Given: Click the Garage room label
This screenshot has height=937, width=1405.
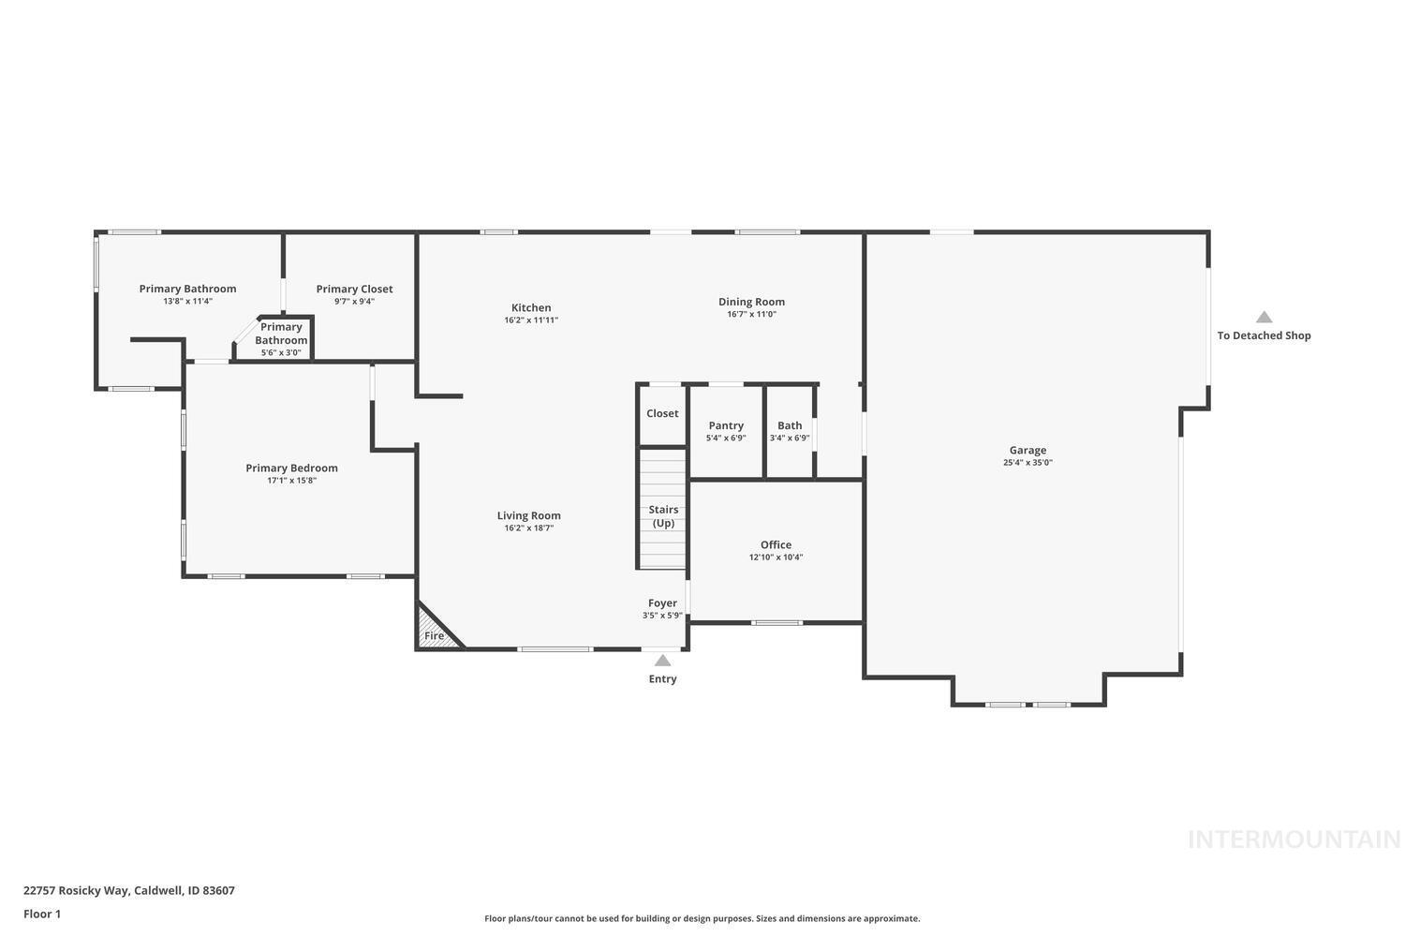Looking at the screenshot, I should (1028, 450).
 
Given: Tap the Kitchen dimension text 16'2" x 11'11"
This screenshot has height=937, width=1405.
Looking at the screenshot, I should (531, 320).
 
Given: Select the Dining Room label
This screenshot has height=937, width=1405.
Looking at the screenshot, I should (751, 302).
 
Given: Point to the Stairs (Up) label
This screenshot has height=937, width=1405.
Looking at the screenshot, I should (663, 516).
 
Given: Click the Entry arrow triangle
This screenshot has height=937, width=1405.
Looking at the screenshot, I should (662, 661).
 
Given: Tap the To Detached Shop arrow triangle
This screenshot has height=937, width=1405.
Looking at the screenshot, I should (1264, 318).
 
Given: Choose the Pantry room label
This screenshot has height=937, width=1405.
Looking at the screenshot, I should (726, 425).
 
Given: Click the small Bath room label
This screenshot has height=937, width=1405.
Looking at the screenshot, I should (790, 425).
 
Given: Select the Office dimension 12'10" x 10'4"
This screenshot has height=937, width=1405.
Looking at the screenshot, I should (776, 558).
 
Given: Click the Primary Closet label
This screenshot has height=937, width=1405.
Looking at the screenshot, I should (354, 289).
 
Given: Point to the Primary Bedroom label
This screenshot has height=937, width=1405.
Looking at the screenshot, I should (291, 468).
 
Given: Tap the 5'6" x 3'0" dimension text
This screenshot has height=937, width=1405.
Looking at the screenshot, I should (281, 353).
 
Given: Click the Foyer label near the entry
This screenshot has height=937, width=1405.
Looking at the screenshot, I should (662, 603).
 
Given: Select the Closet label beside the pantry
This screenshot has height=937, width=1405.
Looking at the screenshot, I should (662, 413).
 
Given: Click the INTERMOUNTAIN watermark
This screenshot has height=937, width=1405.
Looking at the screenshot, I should (1294, 840).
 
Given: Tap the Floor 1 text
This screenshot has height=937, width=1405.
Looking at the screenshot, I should (42, 914).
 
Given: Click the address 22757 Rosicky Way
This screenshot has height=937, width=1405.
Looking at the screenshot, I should (76, 890).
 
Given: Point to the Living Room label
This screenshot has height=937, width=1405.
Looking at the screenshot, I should (528, 515).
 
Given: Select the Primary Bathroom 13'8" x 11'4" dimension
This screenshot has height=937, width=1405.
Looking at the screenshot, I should (187, 302).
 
